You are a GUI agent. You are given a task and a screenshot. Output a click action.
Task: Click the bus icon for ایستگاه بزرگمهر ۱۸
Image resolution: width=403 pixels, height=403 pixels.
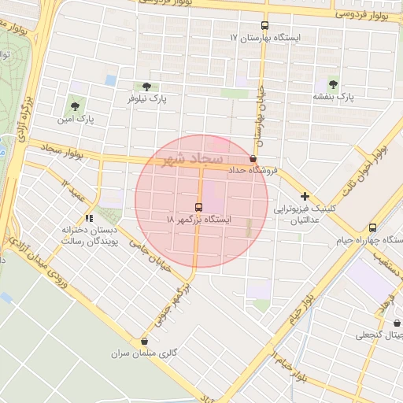pyautogui.click(x=198, y=206)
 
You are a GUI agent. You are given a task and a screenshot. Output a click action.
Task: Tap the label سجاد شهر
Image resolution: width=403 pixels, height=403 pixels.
pyautogui.click(x=192, y=159)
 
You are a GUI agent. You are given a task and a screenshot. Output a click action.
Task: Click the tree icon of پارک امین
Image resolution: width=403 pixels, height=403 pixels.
pyautogui.click(x=75, y=105)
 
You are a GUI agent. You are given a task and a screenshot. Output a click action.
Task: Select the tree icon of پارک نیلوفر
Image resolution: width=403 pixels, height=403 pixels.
pyautogui.click(x=146, y=87)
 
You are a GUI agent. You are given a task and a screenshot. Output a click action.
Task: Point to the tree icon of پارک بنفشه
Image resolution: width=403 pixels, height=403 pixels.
pyautogui.click(x=332, y=82)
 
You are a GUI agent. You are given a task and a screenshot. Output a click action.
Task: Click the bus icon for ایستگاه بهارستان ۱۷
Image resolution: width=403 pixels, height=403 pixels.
pyautogui.click(x=264, y=25)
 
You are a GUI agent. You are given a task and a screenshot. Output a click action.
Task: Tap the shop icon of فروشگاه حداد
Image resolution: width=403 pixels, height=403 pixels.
pyautogui.click(x=253, y=158)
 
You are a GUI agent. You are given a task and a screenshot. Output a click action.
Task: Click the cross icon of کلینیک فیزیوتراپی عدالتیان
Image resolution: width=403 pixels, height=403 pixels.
pyautogui.click(x=305, y=196)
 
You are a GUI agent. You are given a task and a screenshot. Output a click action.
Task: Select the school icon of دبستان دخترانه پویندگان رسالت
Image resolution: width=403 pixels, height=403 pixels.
pyautogui.click(x=89, y=217)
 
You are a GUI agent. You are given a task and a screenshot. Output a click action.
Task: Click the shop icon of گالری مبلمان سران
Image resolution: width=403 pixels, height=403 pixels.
pyautogui.click(x=144, y=342)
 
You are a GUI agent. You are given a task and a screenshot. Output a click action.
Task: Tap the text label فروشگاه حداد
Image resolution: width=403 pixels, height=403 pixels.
pyautogui.click(x=254, y=171)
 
